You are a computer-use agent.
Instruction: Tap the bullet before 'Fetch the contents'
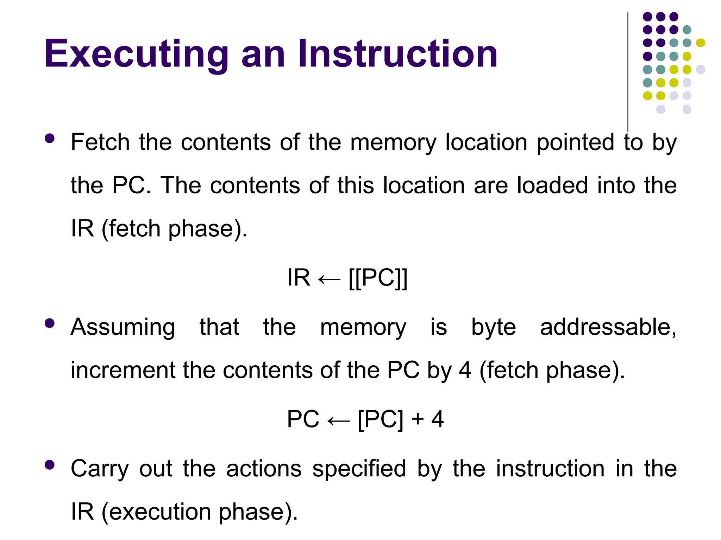pyautogui.click(x=50, y=138)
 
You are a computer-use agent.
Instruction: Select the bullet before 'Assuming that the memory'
pyautogui.click(x=50, y=323)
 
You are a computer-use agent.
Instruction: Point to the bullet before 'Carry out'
pyautogui.click(x=50, y=465)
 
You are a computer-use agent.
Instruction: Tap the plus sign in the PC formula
pyautogui.click(x=418, y=419)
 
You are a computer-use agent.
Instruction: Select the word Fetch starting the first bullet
pyautogui.click(x=100, y=142)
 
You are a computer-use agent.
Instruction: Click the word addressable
pyautogui.click(x=608, y=327)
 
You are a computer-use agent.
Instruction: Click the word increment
pyautogui.click(x=123, y=370)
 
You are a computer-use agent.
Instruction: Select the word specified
pyautogui.click(x=359, y=469)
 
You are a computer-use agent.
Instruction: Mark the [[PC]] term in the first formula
pyautogui.click(x=378, y=278)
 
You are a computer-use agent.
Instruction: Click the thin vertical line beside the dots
pyautogui.click(x=628, y=70)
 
